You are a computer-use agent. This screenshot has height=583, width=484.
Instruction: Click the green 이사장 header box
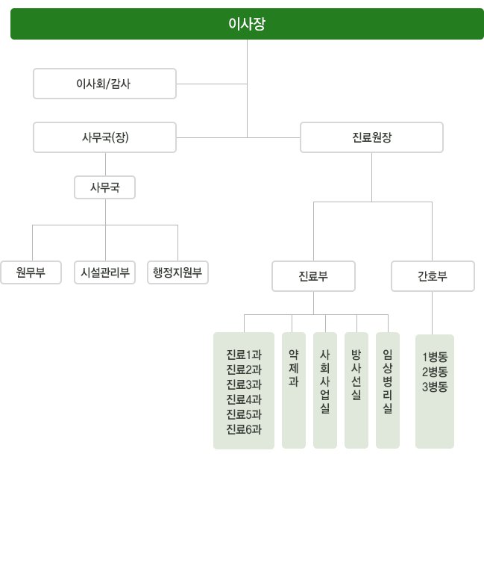tap(247, 24)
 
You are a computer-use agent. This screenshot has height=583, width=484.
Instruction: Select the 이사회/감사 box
tap(104, 84)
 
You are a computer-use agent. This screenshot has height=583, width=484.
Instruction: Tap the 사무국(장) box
tap(104, 137)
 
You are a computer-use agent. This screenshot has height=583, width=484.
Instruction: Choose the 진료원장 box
tap(371, 137)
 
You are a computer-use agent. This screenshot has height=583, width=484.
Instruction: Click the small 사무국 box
tap(104, 187)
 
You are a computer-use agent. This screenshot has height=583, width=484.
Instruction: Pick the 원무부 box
tap(31, 272)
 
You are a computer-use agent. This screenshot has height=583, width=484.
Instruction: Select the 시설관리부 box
tap(104, 272)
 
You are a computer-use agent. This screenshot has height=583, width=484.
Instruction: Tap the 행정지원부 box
tap(177, 272)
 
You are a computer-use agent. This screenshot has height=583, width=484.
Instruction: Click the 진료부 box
tap(313, 276)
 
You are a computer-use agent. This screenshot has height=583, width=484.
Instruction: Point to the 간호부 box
tap(433, 276)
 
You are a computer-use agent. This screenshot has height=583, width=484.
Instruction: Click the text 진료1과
tap(244, 355)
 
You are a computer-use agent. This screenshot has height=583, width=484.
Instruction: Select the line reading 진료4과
tap(244, 399)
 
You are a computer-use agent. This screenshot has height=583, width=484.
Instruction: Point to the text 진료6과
tap(244, 429)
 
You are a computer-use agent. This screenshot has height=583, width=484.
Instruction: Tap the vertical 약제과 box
tap(294, 390)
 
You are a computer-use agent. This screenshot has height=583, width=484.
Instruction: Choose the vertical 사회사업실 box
tap(325, 390)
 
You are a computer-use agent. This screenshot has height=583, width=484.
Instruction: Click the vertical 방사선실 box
tap(356, 390)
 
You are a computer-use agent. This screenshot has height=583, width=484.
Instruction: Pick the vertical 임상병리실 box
tap(388, 390)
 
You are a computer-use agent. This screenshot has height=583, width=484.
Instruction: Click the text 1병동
tap(435, 357)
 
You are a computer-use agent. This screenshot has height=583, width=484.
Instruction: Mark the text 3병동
tap(435, 387)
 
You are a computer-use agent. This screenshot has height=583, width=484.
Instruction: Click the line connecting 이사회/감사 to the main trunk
tap(212, 84)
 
